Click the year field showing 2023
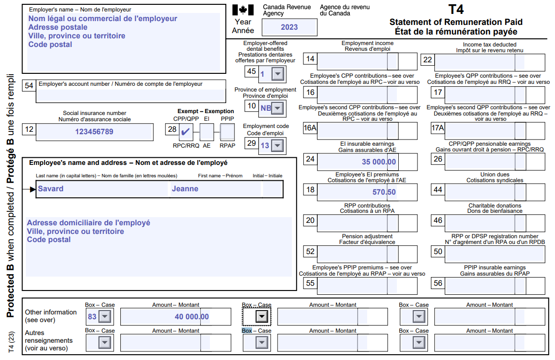click(x=289, y=27)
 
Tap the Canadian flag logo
click(x=243, y=10)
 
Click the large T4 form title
click(x=455, y=10)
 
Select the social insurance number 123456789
click(x=94, y=131)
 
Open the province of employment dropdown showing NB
click(x=277, y=108)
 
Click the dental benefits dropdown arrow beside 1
click(x=277, y=74)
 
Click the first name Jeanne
click(x=185, y=189)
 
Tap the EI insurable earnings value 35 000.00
click(x=379, y=162)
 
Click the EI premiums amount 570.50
click(x=384, y=192)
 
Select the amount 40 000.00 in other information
click(x=191, y=316)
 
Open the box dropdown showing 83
click(x=104, y=316)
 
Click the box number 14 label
click(x=311, y=59)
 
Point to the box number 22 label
click(x=427, y=59)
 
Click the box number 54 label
click(x=29, y=85)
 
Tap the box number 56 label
click(x=438, y=283)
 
